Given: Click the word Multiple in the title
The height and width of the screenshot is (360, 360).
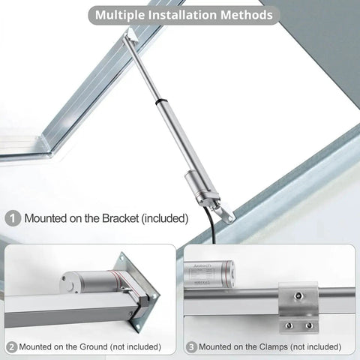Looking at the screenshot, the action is (x=120, y=15).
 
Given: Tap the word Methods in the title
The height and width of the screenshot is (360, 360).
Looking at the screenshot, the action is (x=246, y=15).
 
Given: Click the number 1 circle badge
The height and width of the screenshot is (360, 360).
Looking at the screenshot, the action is (x=13, y=219).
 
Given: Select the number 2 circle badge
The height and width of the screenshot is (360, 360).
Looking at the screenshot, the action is (x=11, y=347).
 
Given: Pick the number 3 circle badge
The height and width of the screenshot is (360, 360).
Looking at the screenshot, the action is (x=191, y=347).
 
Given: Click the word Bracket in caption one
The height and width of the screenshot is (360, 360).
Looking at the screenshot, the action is (x=121, y=218).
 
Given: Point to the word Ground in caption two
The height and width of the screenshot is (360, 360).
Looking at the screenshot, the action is (x=94, y=346).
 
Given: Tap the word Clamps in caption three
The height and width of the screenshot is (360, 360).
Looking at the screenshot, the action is (x=274, y=347).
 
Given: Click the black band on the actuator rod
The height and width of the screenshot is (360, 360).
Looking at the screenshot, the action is (x=160, y=101).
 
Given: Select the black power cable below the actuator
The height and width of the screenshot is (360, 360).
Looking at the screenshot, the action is (x=209, y=223).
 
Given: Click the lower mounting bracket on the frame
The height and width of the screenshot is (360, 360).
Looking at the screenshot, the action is (x=224, y=212).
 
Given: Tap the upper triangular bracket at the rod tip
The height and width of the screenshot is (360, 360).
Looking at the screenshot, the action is (x=131, y=34).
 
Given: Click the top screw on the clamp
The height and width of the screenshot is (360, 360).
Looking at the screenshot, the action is (x=298, y=296).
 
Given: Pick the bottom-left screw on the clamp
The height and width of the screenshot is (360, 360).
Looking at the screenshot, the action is (x=289, y=325).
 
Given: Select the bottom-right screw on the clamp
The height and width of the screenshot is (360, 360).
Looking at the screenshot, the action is (x=309, y=325).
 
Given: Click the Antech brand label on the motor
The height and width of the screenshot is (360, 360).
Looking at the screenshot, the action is (x=202, y=265).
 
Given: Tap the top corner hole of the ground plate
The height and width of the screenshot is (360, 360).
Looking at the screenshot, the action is (x=122, y=259).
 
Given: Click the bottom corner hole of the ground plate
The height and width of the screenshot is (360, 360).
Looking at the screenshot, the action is (x=137, y=326).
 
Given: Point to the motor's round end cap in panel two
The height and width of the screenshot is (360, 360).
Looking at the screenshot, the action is (x=68, y=283).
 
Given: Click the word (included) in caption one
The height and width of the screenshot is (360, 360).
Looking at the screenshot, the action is (x=165, y=218).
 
